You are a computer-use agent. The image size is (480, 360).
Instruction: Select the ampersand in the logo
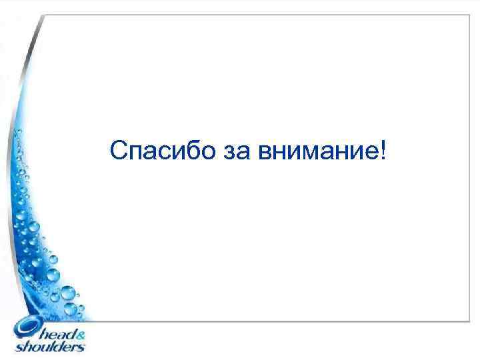tap(80, 335)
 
